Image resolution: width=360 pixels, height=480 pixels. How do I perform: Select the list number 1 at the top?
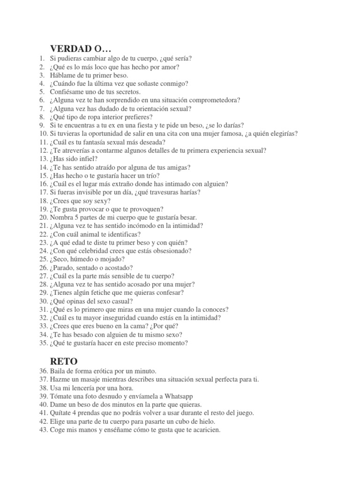coord(43,58)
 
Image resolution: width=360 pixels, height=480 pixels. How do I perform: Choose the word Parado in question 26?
coord(67,268)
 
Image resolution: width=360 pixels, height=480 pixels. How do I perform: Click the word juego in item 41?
coord(243,413)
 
